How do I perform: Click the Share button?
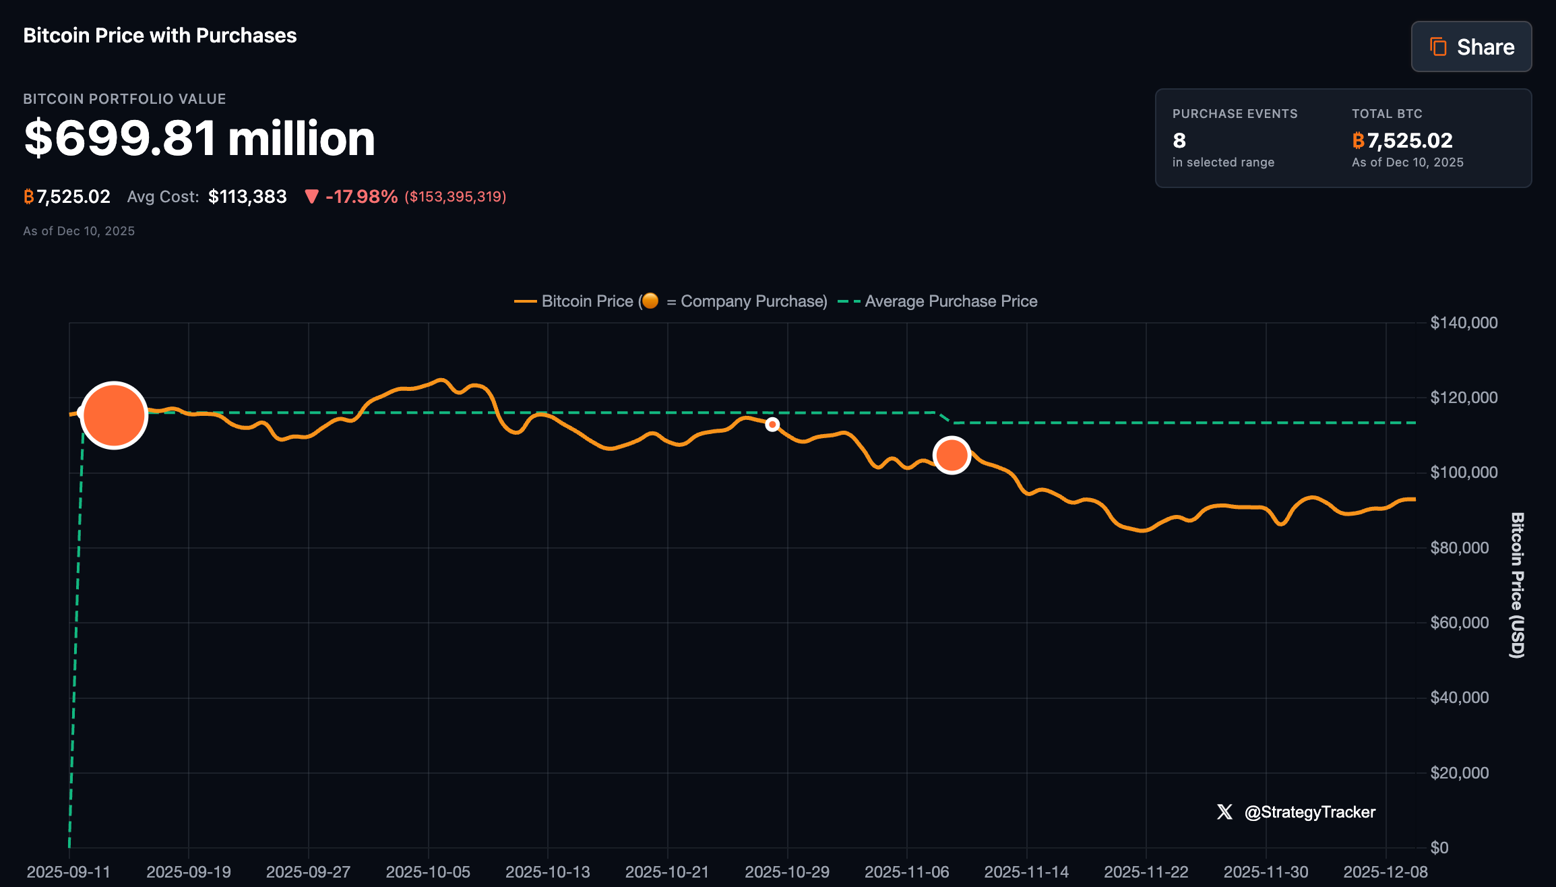(x=1471, y=47)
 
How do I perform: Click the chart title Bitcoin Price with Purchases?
(x=160, y=35)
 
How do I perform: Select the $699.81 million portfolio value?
(x=199, y=138)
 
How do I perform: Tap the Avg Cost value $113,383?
(x=247, y=196)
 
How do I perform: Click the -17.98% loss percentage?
(x=361, y=196)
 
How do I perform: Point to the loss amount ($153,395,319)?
(x=455, y=197)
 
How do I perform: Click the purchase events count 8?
(x=1179, y=140)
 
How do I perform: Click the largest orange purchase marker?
(x=114, y=415)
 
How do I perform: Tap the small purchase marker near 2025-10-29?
(x=772, y=425)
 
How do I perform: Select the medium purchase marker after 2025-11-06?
(x=952, y=456)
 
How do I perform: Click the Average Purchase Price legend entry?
(x=950, y=301)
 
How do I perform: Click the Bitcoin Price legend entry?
(x=586, y=301)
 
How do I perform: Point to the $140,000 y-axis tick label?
(x=1464, y=323)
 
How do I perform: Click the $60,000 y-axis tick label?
(x=1459, y=622)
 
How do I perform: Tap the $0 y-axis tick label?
(x=1439, y=847)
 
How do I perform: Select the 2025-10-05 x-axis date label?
(x=428, y=871)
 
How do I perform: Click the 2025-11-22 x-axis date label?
(x=1146, y=871)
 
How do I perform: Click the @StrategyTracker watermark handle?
(x=1309, y=812)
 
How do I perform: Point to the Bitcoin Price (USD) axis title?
(x=1516, y=584)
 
